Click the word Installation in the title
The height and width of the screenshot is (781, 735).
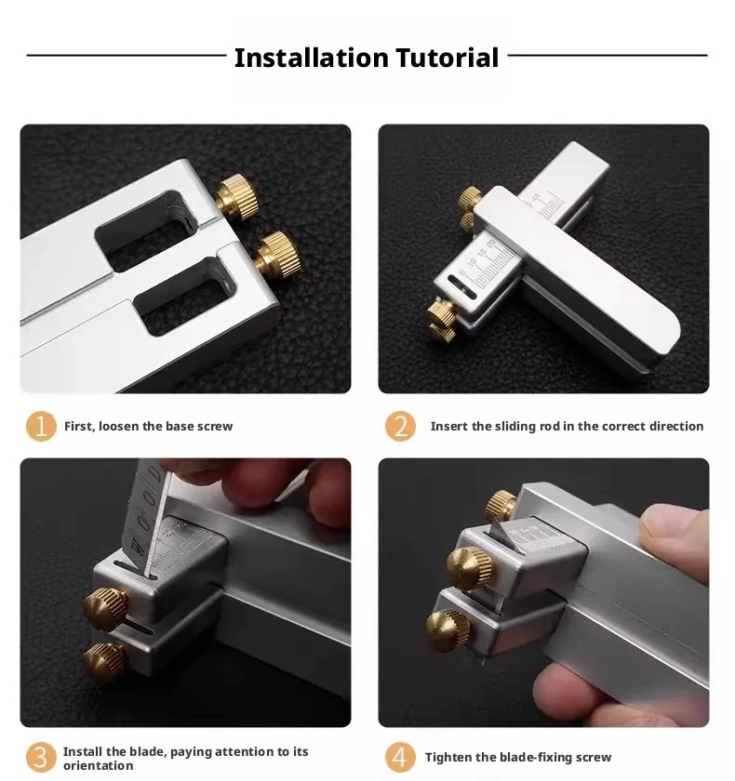click(x=311, y=58)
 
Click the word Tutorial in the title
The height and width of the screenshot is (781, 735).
click(x=447, y=58)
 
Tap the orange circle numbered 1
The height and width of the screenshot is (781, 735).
click(x=41, y=426)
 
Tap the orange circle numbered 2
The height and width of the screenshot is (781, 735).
click(x=400, y=426)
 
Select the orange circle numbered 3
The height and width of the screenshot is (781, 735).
click(x=41, y=757)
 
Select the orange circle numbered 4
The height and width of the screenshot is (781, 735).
click(x=400, y=757)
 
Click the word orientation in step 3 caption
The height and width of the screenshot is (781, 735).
click(x=99, y=765)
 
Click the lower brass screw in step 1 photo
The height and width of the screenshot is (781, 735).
click(x=277, y=254)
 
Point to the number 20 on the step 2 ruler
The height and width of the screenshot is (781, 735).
click(x=491, y=244)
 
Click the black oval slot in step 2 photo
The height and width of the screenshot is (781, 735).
click(x=461, y=287)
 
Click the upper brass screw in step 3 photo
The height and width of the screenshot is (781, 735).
click(x=106, y=607)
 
